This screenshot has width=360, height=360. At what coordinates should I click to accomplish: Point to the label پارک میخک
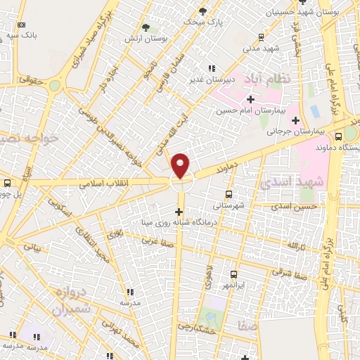tap(202, 22)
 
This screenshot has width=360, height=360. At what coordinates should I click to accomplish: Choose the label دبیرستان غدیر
tap(211, 79)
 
